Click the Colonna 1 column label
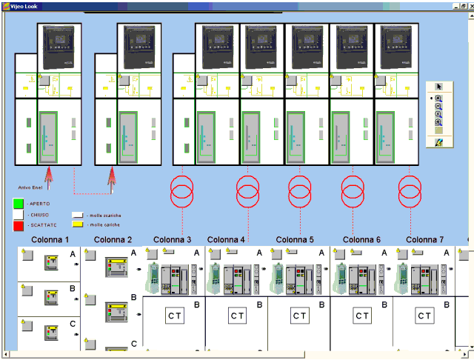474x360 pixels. coord(50,239)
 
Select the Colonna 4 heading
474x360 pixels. coord(226,239)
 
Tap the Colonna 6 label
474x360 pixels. coord(361,239)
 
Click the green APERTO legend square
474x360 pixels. coord(19,202)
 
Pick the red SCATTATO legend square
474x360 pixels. coord(19,224)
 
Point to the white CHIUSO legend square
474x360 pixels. coord(19,213)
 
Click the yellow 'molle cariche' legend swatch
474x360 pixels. coord(77,224)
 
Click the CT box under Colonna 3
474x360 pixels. coord(175,316)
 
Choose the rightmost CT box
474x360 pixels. coord(424,316)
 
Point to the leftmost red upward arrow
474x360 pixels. coord(50,179)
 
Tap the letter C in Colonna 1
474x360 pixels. coord(73,324)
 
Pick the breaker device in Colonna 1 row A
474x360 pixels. coord(53,263)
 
